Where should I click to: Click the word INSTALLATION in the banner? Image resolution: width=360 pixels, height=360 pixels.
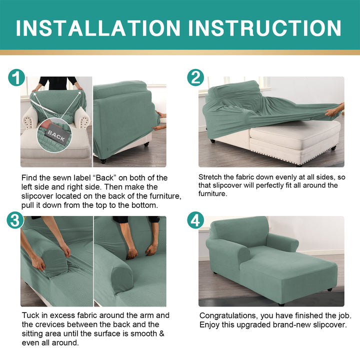click(x=98, y=28)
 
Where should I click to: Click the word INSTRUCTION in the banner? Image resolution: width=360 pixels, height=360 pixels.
click(x=264, y=28)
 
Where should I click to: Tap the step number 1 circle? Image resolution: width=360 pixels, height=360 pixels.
click(x=16, y=77)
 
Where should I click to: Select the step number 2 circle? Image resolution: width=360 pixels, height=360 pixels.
click(x=195, y=77)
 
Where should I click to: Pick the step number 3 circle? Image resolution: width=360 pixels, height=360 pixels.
click(x=15, y=220)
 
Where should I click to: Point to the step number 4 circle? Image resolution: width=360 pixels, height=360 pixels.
click(x=195, y=220)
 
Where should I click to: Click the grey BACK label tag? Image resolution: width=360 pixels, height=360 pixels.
click(x=56, y=135)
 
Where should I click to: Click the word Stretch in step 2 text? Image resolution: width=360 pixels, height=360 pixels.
click(x=210, y=177)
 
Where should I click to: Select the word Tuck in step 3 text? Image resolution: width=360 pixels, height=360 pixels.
click(x=30, y=315)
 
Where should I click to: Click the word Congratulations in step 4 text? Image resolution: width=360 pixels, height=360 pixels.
click(x=227, y=316)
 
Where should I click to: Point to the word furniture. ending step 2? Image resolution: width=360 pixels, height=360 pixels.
click(x=212, y=194)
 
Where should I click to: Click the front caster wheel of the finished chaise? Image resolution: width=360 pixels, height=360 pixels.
click(x=281, y=304)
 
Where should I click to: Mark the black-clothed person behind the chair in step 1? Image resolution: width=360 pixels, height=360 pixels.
click(x=58, y=83)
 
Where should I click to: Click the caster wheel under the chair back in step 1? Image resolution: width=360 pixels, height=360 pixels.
click(x=103, y=160)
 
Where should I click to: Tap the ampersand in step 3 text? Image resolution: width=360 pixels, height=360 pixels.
click(x=162, y=333)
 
